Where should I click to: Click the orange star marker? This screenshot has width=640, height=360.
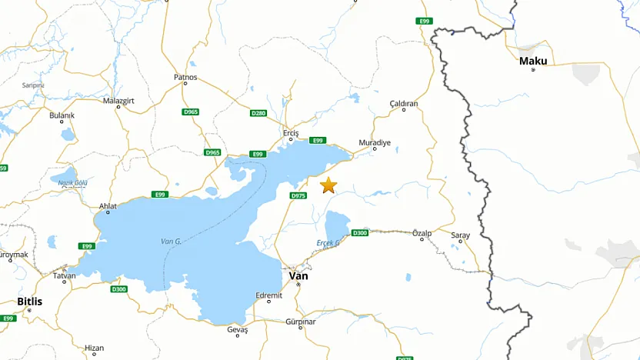[x=328, y=185]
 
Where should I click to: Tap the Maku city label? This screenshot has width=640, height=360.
[x=533, y=61]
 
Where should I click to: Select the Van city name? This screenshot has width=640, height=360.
[x=298, y=275]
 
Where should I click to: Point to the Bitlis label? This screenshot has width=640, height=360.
[x=30, y=302]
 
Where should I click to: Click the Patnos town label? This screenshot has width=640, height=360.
[x=185, y=77]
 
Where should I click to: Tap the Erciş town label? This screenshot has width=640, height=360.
[x=290, y=132]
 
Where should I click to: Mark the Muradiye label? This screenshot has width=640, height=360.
[x=375, y=143]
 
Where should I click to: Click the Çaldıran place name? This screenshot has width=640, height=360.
[x=404, y=103]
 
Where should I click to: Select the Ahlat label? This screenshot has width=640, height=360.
[x=108, y=205]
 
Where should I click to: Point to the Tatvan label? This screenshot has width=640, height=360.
[x=64, y=275]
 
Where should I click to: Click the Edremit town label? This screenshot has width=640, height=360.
[x=269, y=294]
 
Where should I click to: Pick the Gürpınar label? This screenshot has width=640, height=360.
[x=300, y=322]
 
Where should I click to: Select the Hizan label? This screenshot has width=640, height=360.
[x=94, y=348]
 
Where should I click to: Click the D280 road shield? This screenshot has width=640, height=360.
[x=258, y=113]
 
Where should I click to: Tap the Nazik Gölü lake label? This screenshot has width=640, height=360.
[x=73, y=182]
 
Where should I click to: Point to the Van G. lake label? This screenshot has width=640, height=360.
[x=171, y=242]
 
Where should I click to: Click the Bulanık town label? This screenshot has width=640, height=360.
[x=62, y=115]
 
